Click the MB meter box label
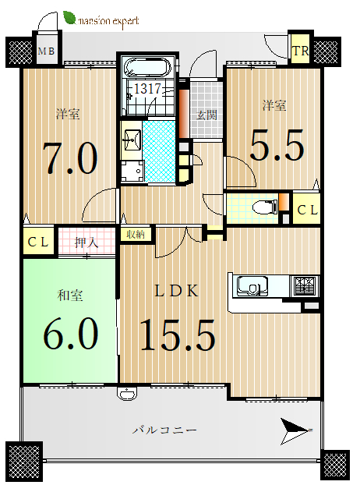click(46, 51)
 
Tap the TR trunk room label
click(300, 51)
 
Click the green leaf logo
click(69, 18)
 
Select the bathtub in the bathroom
click(147, 68)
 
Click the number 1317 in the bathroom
click(147, 89)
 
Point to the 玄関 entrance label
click(206, 115)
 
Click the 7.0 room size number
click(70, 158)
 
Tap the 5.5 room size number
click(277, 145)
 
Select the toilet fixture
click(264, 207)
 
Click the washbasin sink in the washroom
click(132, 140)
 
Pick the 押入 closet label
click(86, 242)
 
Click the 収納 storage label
click(136, 234)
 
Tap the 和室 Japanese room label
click(70, 296)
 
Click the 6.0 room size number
click(70, 334)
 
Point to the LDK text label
click(176, 291)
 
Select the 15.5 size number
click(178, 335)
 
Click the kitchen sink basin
click(252, 286)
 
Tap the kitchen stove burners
click(305, 285)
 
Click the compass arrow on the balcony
click(296, 431)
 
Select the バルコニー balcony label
click(164, 430)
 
